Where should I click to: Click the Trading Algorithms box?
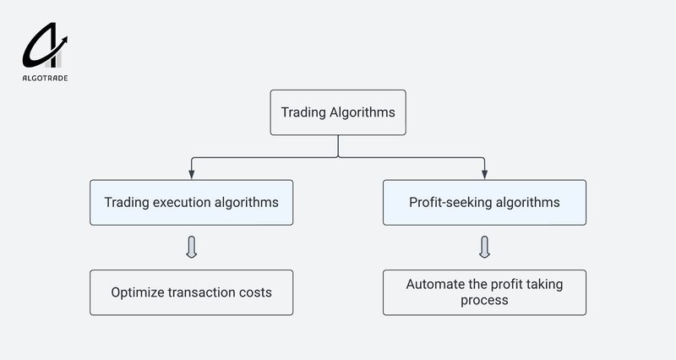pyautogui.click(x=338, y=112)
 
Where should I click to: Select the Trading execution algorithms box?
pyautogui.click(x=191, y=203)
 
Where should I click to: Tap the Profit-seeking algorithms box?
pyautogui.click(x=484, y=203)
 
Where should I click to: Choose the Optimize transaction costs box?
pyautogui.click(x=191, y=292)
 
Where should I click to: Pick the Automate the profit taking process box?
pyautogui.click(x=484, y=292)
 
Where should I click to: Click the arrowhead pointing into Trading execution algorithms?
pyautogui.click(x=192, y=175)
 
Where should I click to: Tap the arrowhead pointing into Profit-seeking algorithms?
pyautogui.click(x=485, y=175)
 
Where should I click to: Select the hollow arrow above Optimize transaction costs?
pyautogui.click(x=192, y=248)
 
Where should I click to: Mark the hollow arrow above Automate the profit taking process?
pyautogui.click(x=485, y=248)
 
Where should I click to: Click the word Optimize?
pyautogui.click(x=138, y=293)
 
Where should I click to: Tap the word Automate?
pyautogui.click(x=433, y=285)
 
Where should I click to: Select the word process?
pyautogui.click(x=484, y=301)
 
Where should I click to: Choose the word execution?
pyautogui.click(x=183, y=203)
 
